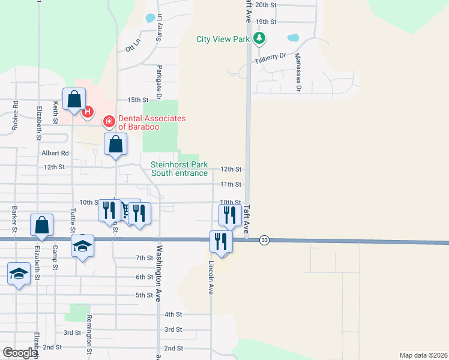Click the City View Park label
click(223, 40)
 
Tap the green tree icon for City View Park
click(259, 39)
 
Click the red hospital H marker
click(88, 111)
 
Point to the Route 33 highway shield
click(264, 241)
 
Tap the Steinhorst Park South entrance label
click(179, 169)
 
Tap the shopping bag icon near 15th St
click(74, 100)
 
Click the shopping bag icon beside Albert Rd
click(115, 145)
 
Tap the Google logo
click(20, 353)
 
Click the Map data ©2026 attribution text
click(423, 355)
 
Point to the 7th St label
click(145, 258)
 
